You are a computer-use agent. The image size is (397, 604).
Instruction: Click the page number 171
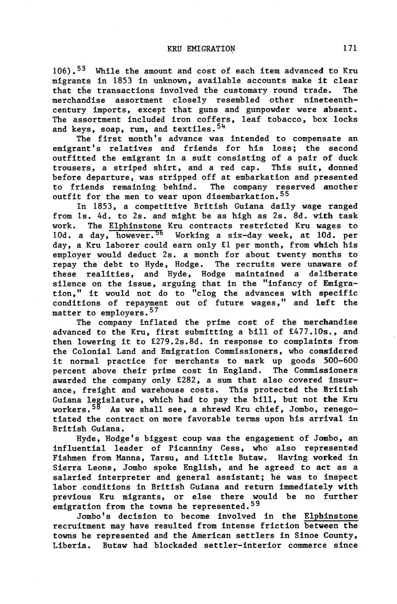[x=350, y=48]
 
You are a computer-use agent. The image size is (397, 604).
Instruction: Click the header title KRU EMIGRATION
[x=201, y=48]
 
